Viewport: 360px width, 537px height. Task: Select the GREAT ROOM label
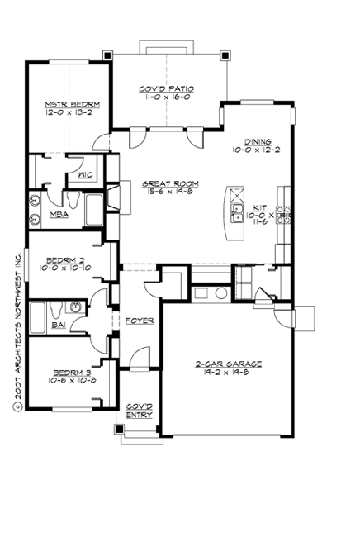tap(168, 184)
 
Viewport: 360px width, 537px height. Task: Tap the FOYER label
tap(138, 321)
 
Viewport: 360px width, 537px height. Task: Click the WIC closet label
tap(84, 175)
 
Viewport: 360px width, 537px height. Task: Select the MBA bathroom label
tap(59, 215)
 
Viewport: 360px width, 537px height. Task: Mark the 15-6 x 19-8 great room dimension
tap(168, 194)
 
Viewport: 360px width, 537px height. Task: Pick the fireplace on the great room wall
tap(114, 196)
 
